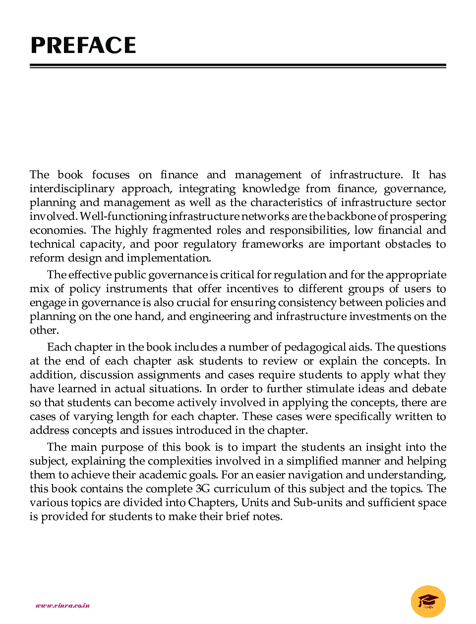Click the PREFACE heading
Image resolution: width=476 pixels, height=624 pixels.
tap(83, 46)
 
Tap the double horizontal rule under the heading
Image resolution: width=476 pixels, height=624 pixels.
tap(238, 66)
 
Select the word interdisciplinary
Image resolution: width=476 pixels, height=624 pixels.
tap(72, 189)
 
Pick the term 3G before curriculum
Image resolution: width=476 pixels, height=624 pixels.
tap(203, 489)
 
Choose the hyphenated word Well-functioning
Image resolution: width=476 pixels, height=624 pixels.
tap(123, 216)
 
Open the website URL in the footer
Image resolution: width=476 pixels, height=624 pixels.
tap(62, 605)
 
